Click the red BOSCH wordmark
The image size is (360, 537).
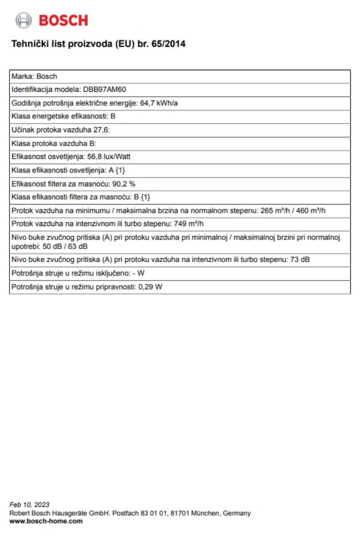click(x=63, y=21)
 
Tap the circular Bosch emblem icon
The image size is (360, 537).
click(x=24, y=21)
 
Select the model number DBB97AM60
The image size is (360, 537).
click(x=105, y=90)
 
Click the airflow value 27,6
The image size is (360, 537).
click(x=102, y=129)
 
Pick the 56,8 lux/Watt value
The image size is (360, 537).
click(x=109, y=156)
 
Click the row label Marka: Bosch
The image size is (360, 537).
click(x=34, y=76)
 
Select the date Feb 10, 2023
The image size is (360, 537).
click(x=30, y=504)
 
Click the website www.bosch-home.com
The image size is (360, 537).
click(x=46, y=521)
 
